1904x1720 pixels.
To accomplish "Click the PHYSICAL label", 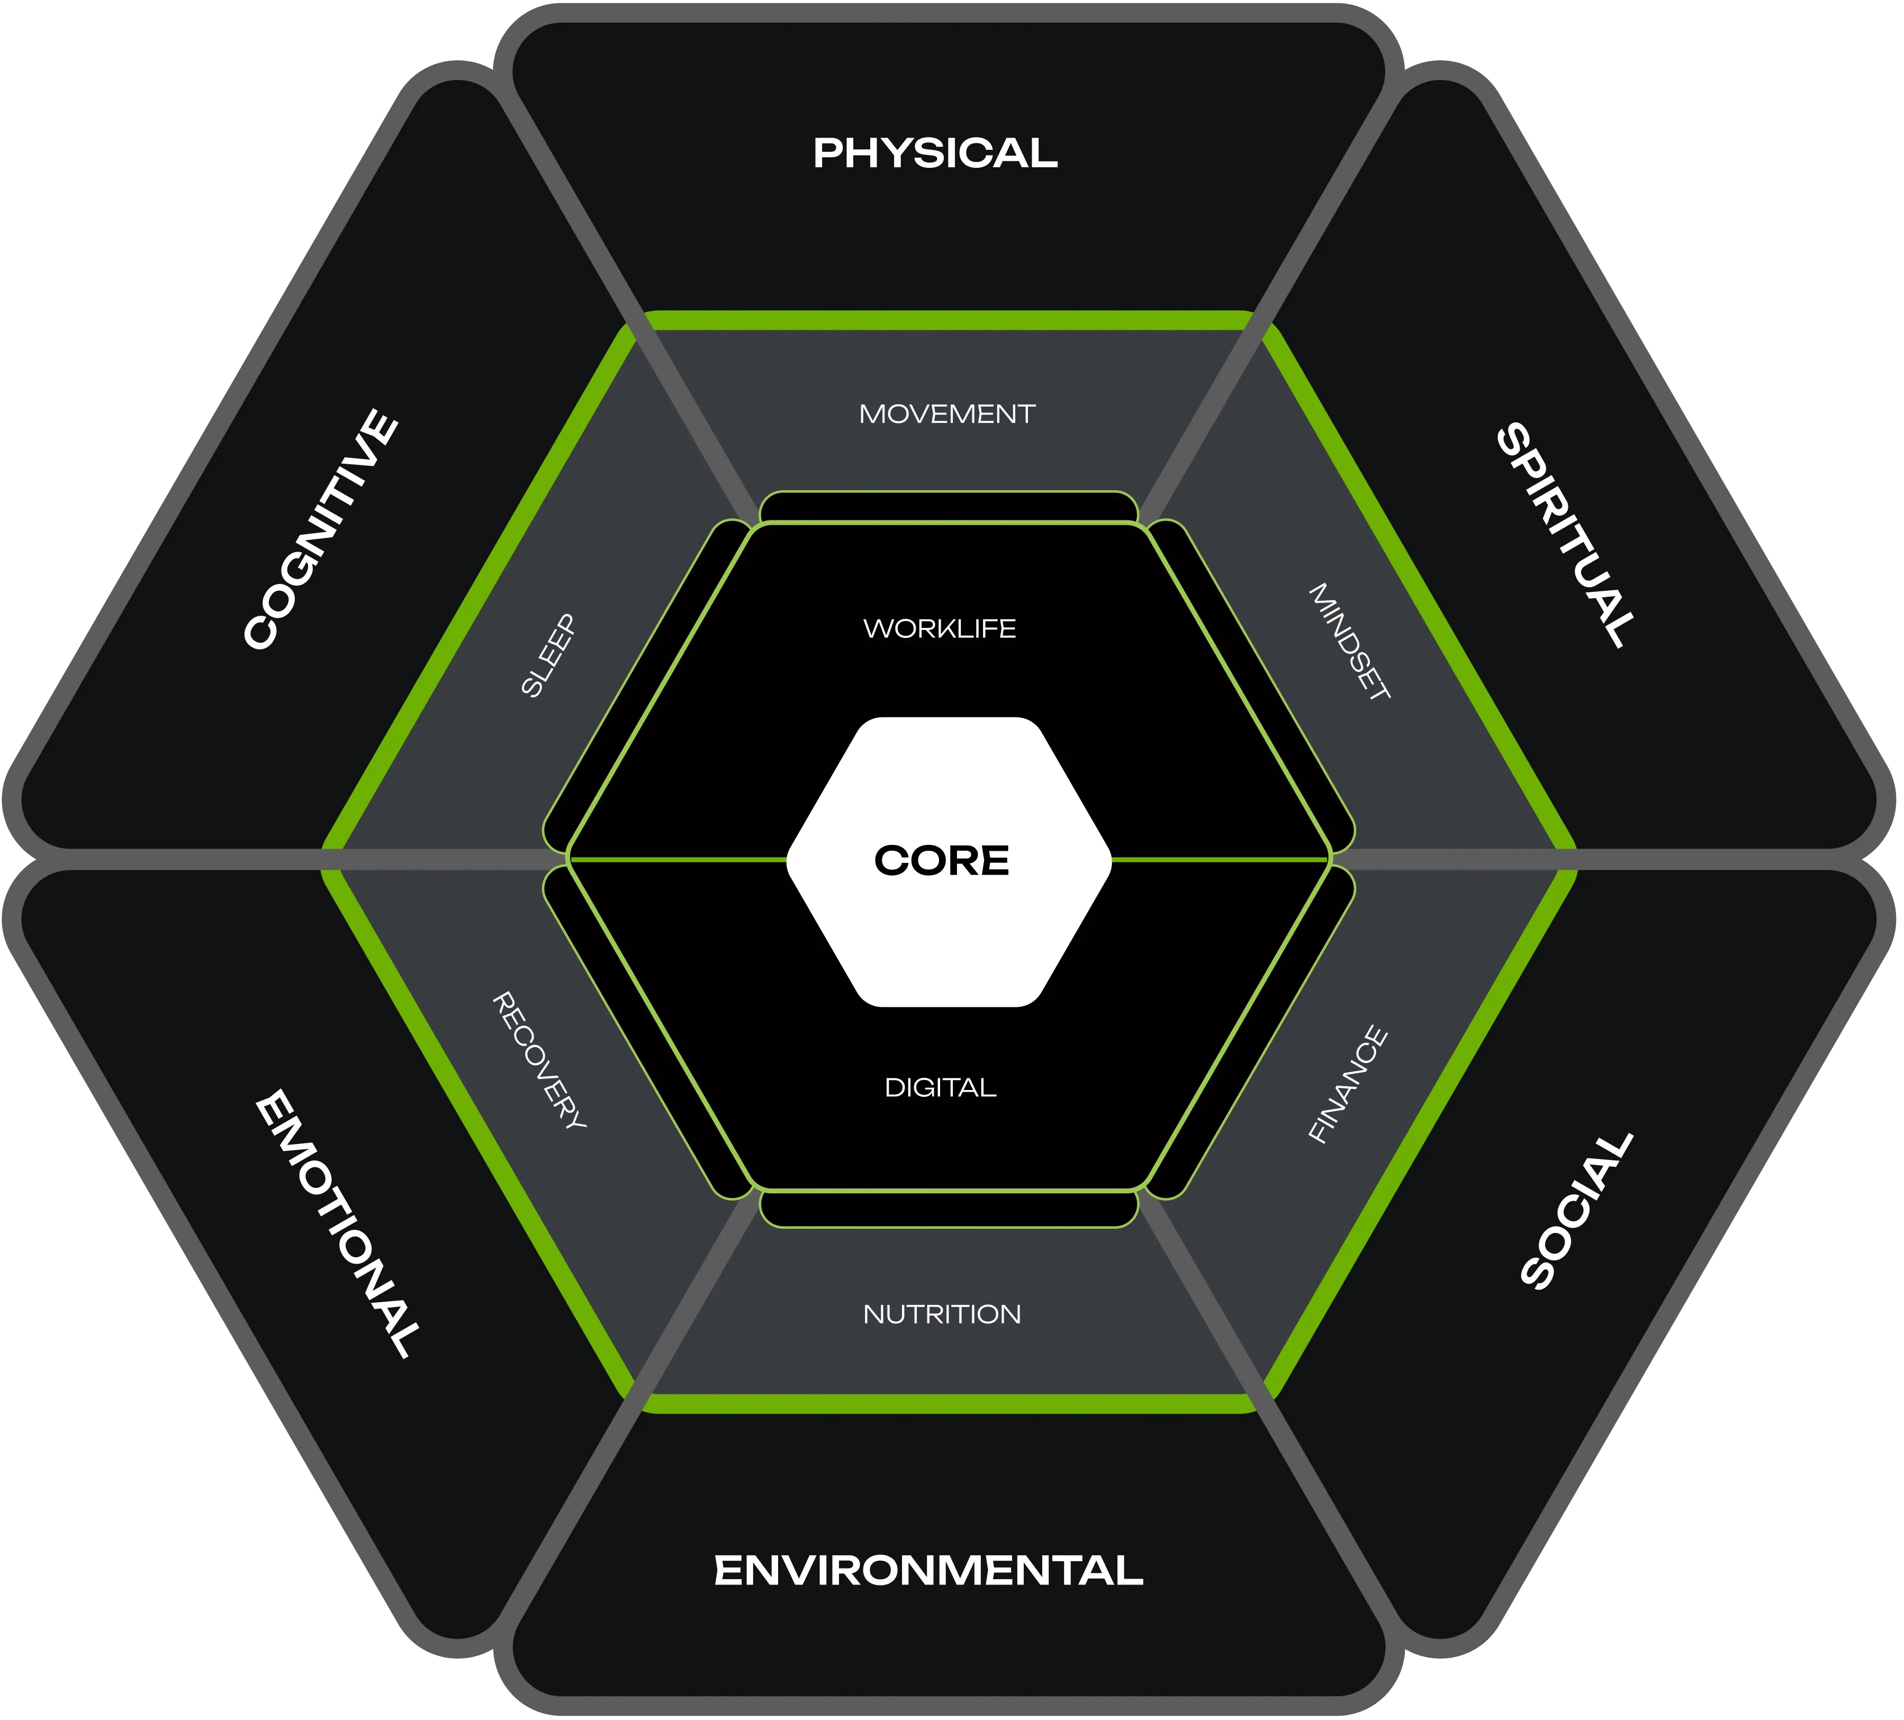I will (935, 153).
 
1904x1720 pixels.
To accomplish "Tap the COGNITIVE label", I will (321, 529).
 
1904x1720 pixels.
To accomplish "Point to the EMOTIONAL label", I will (337, 1223).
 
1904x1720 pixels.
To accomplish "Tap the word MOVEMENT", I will (946, 413).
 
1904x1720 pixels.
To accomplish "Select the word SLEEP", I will (548, 655).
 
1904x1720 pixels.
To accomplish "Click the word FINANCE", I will (1348, 1084).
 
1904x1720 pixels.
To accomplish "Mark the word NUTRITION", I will (942, 1314).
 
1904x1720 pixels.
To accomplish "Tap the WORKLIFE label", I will (940, 628).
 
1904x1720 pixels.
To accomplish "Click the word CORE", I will (942, 860).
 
